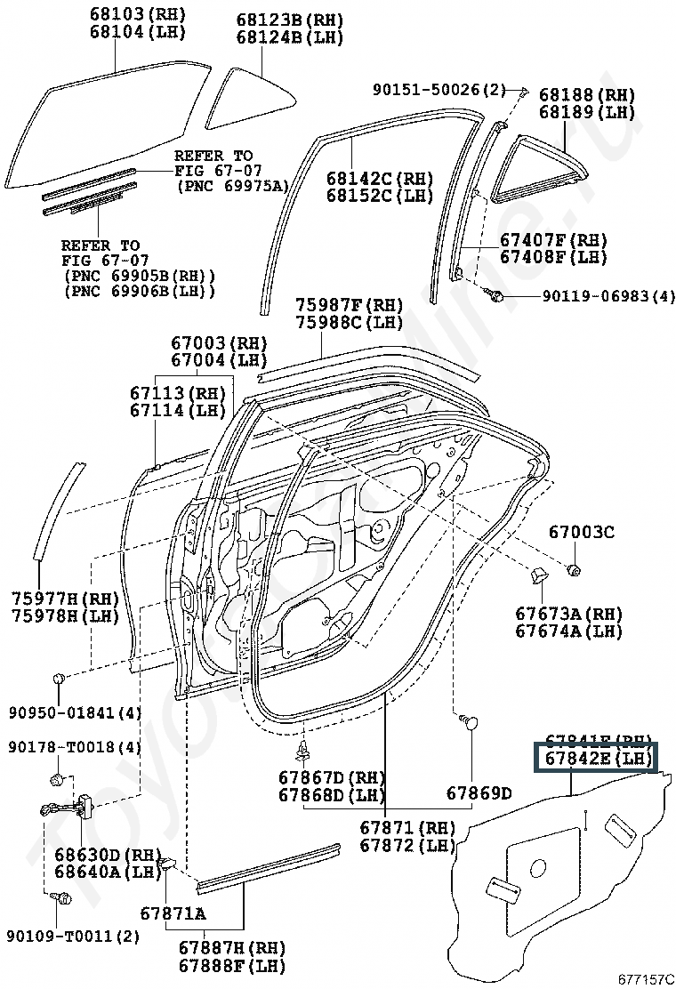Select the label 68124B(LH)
289,37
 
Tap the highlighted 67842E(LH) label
594,759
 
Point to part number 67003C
581,533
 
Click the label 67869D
479,792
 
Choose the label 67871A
173,913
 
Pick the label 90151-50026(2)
439,90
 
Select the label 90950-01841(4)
76,712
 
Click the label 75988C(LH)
350,323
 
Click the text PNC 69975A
233,185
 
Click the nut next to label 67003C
575,568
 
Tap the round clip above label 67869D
470,723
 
